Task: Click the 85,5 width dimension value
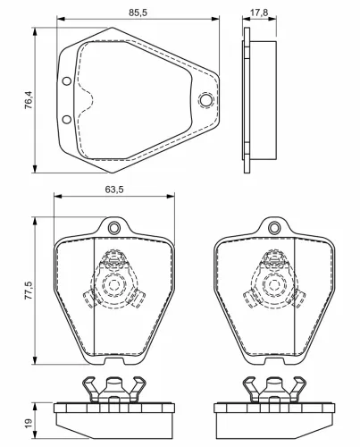[138, 13]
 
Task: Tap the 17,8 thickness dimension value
[259, 13]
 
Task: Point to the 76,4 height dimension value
[29, 100]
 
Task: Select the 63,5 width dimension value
[114, 190]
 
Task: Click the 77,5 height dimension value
[29, 290]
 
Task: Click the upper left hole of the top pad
[66, 81]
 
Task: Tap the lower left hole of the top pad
[66, 120]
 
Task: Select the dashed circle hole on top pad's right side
[205, 100]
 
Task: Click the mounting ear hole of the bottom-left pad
[113, 228]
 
